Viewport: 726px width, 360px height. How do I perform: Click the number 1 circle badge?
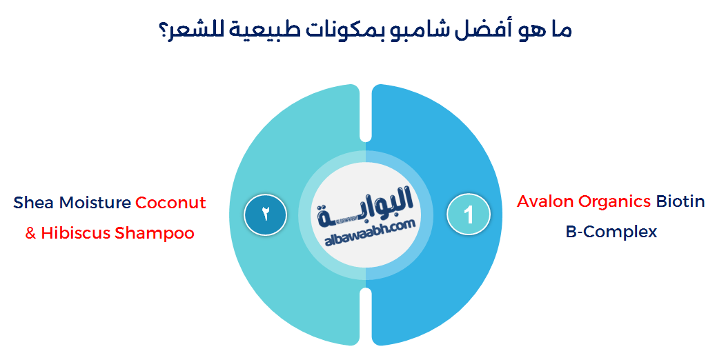click(469, 214)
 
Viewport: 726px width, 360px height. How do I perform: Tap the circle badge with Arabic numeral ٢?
click(266, 214)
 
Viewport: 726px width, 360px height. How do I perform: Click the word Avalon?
click(545, 201)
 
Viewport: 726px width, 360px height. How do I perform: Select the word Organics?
click(614, 201)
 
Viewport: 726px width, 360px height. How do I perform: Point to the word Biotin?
click(680, 201)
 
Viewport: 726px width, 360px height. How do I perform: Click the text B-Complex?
click(611, 232)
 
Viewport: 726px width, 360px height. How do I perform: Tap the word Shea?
click(33, 203)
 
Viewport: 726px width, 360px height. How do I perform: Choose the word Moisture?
click(95, 203)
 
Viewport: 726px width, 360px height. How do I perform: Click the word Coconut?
click(170, 203)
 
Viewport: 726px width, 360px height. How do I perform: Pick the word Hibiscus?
click(75, 233)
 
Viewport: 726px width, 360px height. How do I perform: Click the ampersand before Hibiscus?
click(30, 233)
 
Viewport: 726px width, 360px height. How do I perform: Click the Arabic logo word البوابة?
click(366, 204)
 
